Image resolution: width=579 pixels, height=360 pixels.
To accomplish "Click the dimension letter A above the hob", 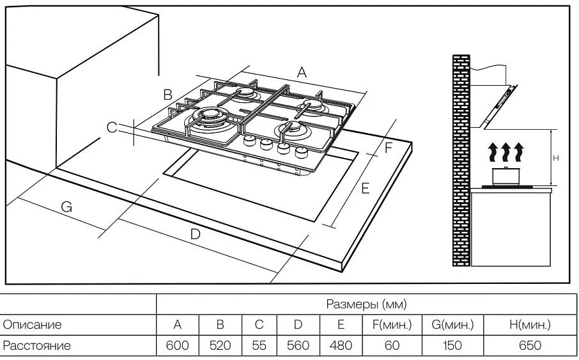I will pyautogui.click(x=302, y=72).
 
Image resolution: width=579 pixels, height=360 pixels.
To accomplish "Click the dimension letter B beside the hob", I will pyautogui.click(x=167, y=95).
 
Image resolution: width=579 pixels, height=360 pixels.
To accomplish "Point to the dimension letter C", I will pyautogui.click(x=112, y=128).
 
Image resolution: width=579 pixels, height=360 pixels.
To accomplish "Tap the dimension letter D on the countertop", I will pyautogui.click(x=196, y=234).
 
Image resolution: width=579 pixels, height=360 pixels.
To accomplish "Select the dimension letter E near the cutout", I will pyautogui.click(x=365, y=188).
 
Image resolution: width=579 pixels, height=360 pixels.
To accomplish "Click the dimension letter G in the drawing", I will pyautogui.click(x=66, y=207).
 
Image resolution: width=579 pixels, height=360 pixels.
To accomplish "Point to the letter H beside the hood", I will pyautogui.click(x=557, y=158).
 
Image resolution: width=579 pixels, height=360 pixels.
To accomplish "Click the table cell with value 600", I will pyautogui.click(x=178, y=346).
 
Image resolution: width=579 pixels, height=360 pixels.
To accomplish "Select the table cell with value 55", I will pyautogui.click(x=259, y=346).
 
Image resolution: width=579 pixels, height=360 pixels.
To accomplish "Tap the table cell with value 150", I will pyautogui.click(x=452, y=346).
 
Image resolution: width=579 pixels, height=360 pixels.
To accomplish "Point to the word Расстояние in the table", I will pyautogui.click(x=37, y=346).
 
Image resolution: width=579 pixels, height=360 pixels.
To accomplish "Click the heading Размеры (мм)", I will pyautogui.click(x=366, y=304).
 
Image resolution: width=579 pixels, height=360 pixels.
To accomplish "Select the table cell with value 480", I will pyautogui.click(x=341, y=346).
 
